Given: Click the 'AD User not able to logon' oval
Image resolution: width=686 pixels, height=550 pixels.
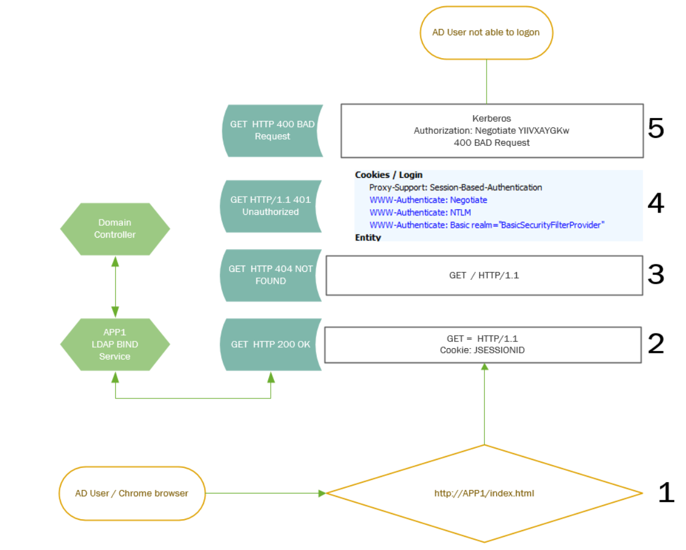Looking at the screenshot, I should click(x=486, y=32).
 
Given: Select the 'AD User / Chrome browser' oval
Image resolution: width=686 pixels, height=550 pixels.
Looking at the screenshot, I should click(x=132, y=493).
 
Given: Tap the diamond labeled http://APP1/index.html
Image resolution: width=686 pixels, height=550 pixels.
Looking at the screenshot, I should click(x=484, y=493).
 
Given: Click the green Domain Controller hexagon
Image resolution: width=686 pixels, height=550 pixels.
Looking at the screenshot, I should click(x=115, y=229).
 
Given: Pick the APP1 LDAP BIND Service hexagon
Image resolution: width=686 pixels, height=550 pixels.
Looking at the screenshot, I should click(x=115, y=344).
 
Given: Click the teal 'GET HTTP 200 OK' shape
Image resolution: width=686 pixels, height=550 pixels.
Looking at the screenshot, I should click(x=271, y=344).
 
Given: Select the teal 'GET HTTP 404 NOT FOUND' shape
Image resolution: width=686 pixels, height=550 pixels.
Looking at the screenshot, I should click(x=271, y=275).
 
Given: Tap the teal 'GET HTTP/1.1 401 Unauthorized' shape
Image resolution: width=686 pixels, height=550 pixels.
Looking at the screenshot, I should click(x=271, y=206).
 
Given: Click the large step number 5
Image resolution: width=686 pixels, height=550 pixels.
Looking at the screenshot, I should click(x=656, y=129).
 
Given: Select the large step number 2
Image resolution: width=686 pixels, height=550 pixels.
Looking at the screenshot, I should click(x=656, y=344).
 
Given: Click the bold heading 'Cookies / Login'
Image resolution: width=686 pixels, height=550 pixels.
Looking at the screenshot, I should click(x=389, y=175).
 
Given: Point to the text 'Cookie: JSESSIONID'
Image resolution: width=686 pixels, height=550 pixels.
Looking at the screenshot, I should click(x=482, y=350).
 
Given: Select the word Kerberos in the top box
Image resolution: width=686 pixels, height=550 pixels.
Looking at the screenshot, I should click(x=491, y=119).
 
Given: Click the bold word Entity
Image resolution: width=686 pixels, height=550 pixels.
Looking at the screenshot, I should click(x=367, y=237).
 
